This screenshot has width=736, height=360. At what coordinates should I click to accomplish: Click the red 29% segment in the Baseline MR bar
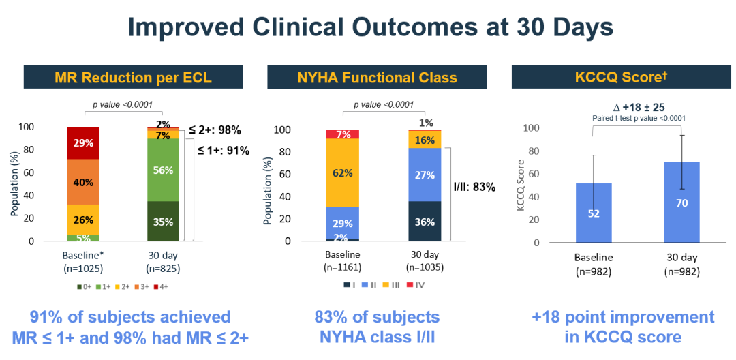point(83,143)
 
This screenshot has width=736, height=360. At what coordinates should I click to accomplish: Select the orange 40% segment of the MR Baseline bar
point(83,182)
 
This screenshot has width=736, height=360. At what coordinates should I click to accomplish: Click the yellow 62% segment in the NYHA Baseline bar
point(342,172)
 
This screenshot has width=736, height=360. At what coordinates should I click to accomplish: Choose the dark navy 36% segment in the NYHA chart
point(425,221)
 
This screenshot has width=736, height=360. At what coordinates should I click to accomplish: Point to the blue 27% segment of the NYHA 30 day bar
point(425,175)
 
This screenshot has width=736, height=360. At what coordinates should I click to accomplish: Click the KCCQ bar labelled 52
point(593,213)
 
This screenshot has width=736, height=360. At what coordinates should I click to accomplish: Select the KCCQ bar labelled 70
point(682,202)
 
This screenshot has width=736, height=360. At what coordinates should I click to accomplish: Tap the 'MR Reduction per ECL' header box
point(133,77)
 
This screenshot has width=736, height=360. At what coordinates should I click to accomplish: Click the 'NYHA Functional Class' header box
point(377,77)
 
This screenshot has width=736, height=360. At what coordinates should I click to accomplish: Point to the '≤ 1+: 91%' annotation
point(223,151)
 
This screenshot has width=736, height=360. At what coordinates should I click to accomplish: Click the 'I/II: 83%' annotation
point(474,187)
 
